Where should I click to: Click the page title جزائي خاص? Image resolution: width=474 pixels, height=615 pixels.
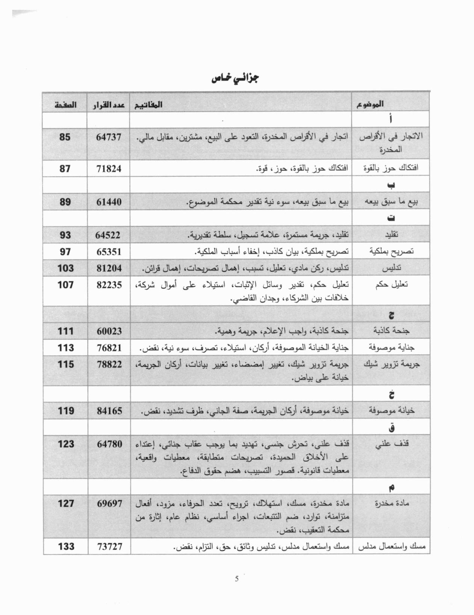(x=235, y=79)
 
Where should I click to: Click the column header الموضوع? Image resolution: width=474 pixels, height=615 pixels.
(x=370, y=105)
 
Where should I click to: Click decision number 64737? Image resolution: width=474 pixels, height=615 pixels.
(x=109, y=137)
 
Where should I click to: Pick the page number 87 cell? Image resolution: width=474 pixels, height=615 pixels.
(x=65, y=169)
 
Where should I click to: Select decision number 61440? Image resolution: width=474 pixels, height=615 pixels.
(x=109, y=202)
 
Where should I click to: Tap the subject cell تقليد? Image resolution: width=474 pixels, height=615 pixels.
(x=391, y=235)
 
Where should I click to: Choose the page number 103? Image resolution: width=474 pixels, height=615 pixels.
(x=65, y=268)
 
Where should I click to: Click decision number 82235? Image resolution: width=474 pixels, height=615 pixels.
(x=109, y=285)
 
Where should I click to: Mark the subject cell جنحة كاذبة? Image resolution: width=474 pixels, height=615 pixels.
(x=391, y=331)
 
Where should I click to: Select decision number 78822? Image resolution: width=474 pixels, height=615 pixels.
(x=109, y=364)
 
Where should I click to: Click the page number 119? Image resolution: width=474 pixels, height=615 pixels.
(x=66, y=411)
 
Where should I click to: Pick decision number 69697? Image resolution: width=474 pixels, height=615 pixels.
(x=109, y=503)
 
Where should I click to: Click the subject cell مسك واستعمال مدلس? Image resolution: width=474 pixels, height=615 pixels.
(x=391, y=547)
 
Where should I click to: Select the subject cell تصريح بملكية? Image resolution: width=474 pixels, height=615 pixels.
(x=391, y=251)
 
